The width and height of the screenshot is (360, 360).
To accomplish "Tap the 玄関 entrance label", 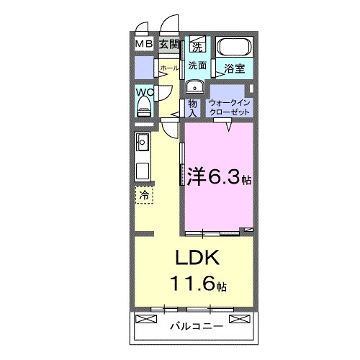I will (x=168, y=45).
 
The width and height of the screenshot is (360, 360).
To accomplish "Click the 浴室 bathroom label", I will (x=234, y=70).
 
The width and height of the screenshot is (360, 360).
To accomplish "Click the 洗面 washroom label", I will (x=197, y=66).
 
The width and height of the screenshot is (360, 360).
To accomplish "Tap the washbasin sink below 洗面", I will (x=193, y=87).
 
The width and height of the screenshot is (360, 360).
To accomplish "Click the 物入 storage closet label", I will (x=193, y=108).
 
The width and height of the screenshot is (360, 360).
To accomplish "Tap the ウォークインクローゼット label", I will (x=230, y=108).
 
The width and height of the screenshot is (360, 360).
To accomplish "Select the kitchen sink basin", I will (x=142, y=141).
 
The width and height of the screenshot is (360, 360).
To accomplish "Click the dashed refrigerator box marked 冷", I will (x=144, y=194).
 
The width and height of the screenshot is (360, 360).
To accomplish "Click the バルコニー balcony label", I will (x=196, y=326).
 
